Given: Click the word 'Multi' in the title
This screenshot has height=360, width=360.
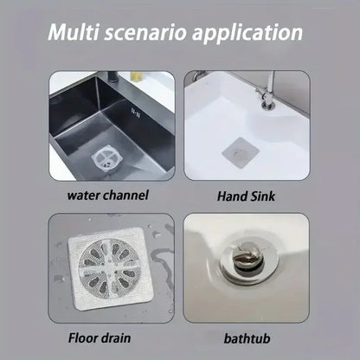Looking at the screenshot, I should [x=75, y=35].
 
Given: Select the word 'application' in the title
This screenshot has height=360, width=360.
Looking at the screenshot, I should [x=250, y=35].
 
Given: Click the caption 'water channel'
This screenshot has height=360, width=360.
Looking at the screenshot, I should [x=109, y=195].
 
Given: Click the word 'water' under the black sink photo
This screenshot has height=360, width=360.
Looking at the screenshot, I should [x=86, y=195].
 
